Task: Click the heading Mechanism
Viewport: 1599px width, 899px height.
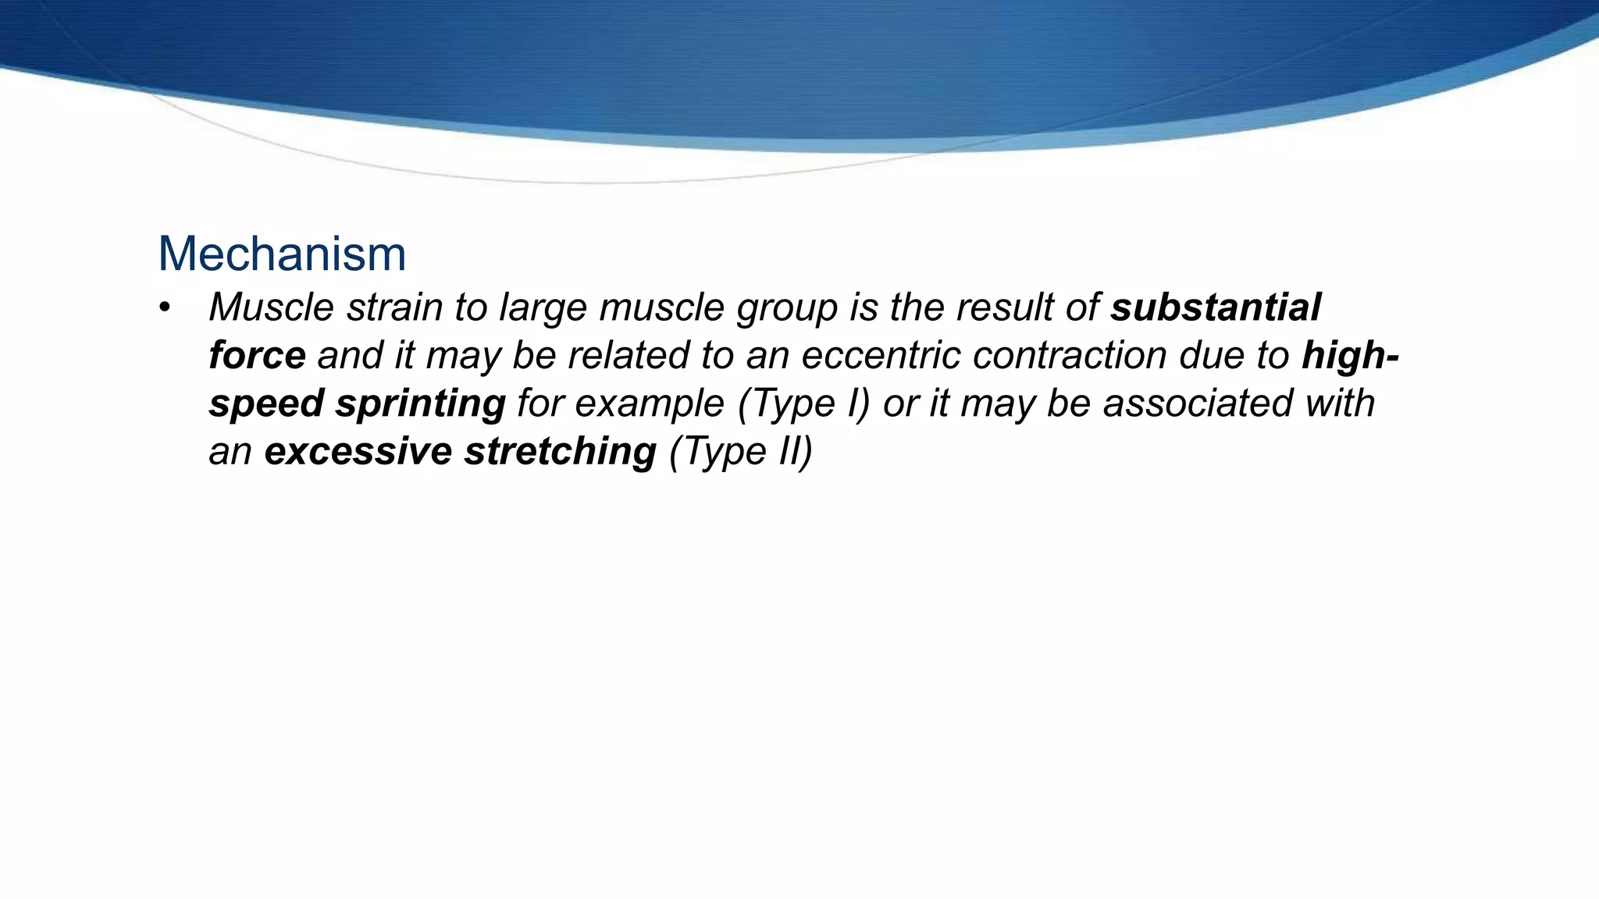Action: click(x=282, y=254)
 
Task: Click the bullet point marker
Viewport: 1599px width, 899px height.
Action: click(x=164, y=307)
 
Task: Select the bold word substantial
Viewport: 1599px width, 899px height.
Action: click(x=1216, y=307)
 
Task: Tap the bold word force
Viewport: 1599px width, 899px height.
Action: click(x=257, y=356)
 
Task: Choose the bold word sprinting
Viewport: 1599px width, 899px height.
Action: click(x=420, y=404)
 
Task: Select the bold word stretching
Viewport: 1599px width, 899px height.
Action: click(x=560, y=452)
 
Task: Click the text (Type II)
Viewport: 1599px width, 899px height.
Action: click(x=741, y=452)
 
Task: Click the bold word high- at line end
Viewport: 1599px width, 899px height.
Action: click(x=1350, y=356)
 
